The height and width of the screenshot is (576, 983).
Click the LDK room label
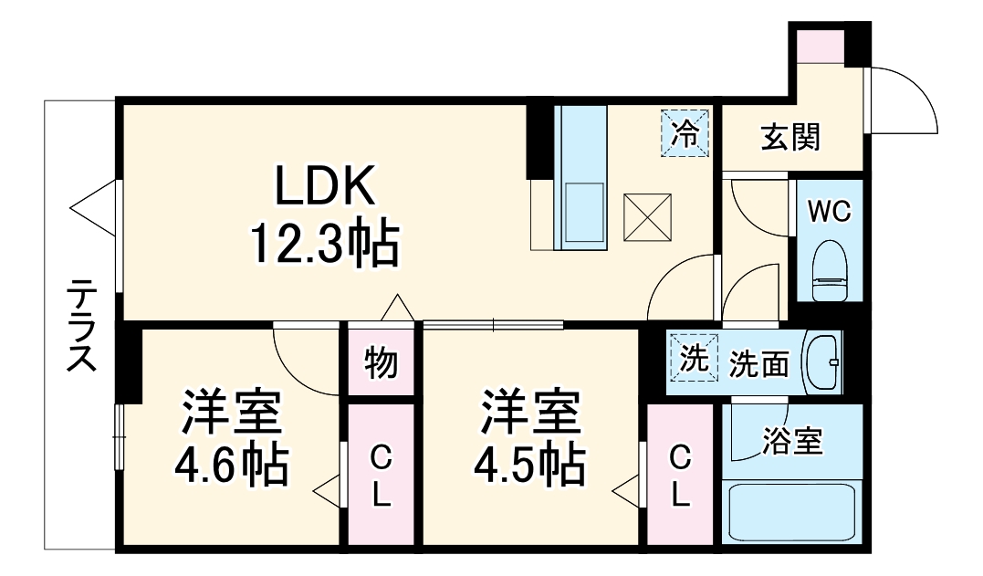pyautogui.click(x=325, y=188)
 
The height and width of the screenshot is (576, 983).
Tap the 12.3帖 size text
pyautogui.click(x=325, y=245)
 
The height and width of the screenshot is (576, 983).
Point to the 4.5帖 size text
pyautogui.click(x=529, y=466)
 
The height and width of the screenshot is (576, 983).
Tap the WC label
pyautogui.click(x=829, y=211)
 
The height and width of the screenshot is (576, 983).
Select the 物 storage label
pyautogui.click(x=381, y=362)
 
